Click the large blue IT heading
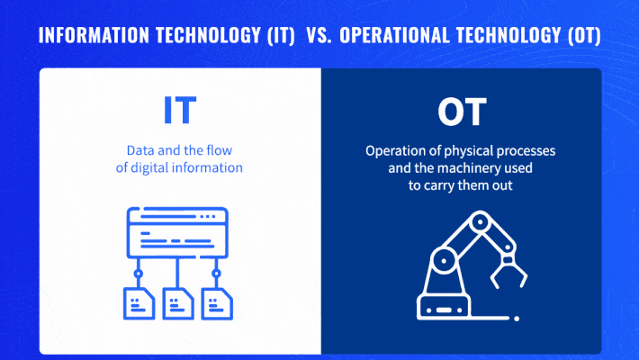[180, 111]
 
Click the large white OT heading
[462, 112]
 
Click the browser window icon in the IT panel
[177, 233]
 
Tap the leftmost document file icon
[138, 301]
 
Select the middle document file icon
[177, 301]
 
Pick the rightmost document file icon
[216, 301]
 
